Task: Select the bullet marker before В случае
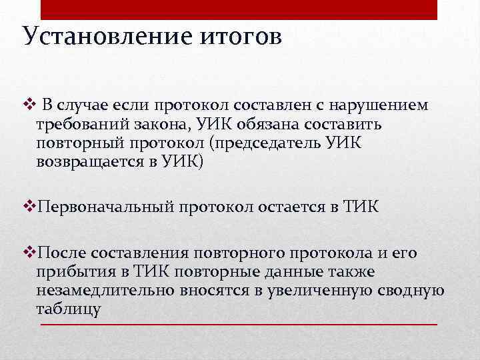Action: click(27, 105)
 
